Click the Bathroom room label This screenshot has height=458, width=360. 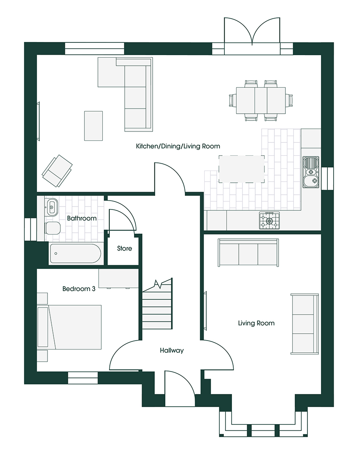point(81,218)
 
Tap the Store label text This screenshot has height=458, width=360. point(124,249)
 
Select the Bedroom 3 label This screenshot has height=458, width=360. point(78,289)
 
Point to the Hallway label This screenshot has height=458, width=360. point(172,350)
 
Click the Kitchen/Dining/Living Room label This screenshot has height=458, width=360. point(178,146)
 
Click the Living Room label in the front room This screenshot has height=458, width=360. point(256,323)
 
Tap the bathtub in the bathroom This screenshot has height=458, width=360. point(75,254)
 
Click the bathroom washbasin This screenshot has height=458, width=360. point(53,207)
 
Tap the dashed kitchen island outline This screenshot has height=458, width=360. point(242,169)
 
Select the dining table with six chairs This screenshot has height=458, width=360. point(261,100)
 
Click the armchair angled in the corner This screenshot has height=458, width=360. point(57,170)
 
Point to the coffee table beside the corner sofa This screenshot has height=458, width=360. point(93,126)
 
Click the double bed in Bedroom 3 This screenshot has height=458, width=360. point(70,327)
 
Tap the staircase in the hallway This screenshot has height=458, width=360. point(157,305)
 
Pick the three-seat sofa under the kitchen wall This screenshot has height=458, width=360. point(248,253)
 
